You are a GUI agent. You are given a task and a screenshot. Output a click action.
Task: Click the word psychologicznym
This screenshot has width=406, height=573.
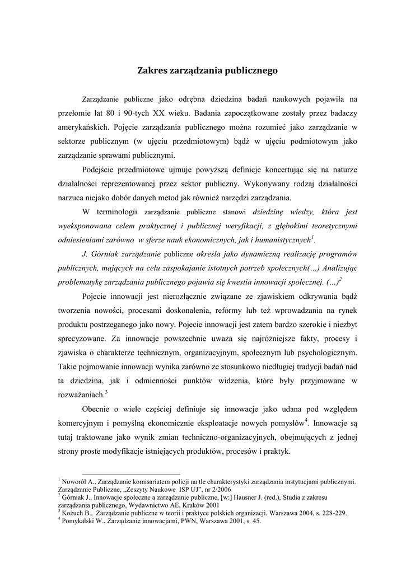point(327,353)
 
